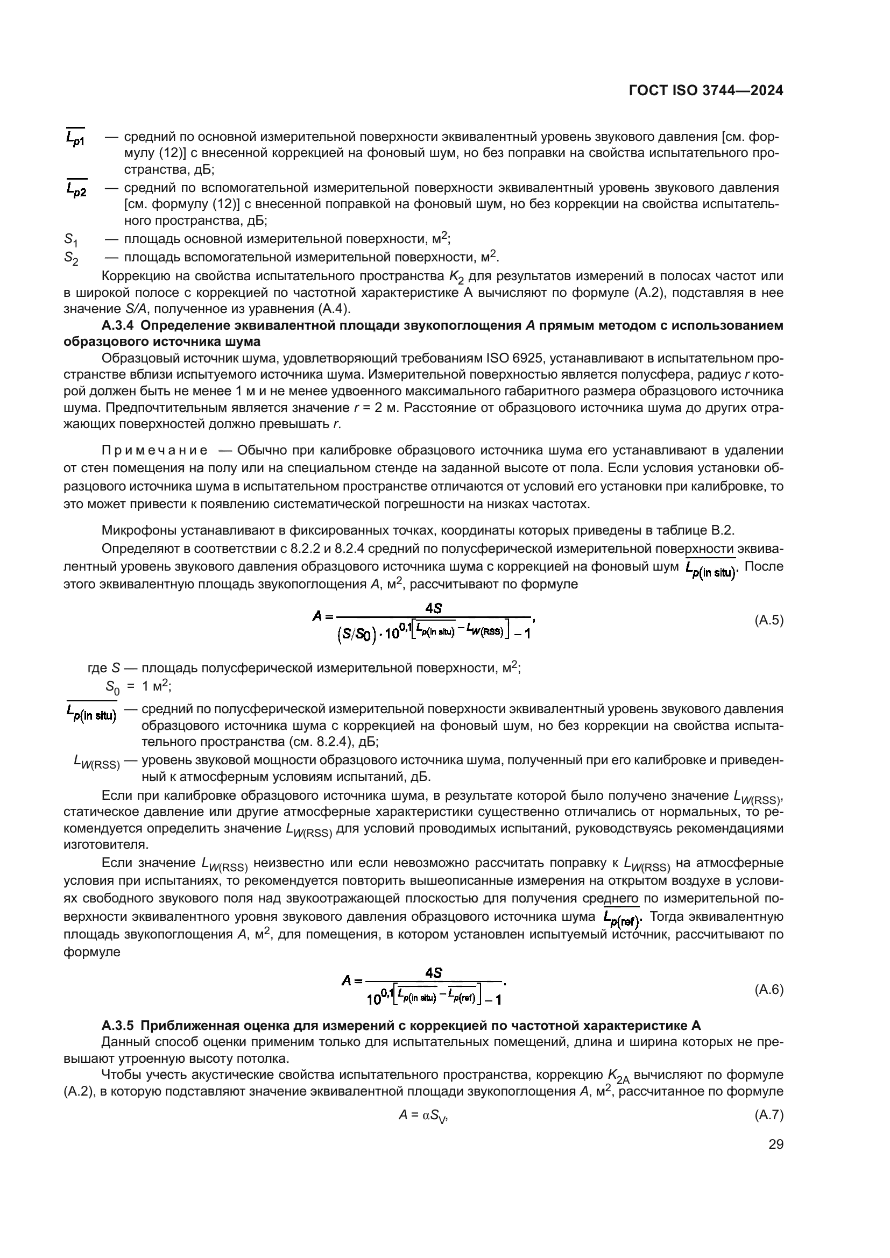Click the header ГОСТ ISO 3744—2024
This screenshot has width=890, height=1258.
pyautogui.click(x=706, y=91)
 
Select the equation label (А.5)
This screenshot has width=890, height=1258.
pyautogui.click(x=769, y=620)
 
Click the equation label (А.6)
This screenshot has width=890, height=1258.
pyautogui.click(x=769, y=990)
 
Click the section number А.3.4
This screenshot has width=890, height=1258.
pyautogui.click(x=117, y=325)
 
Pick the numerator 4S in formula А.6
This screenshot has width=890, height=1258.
pyautogui.click(x=434, y=972)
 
